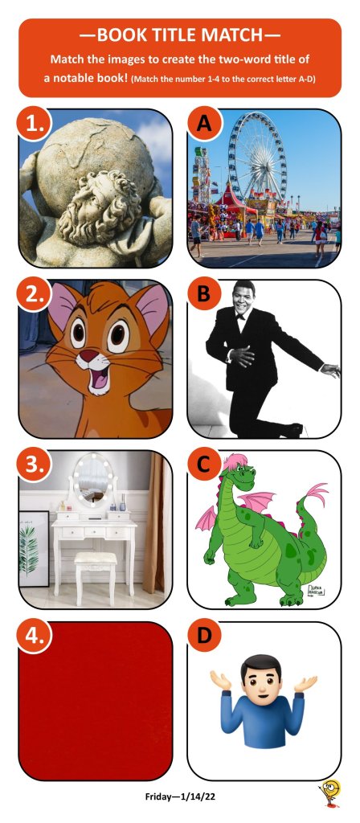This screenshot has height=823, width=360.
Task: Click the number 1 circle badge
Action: [34, 125]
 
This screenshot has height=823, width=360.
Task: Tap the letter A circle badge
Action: [203, 124]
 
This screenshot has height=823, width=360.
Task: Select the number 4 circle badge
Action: [34, 637]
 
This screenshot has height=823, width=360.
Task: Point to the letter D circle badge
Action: [203, 637]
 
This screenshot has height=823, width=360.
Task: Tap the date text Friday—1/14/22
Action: [180, 796]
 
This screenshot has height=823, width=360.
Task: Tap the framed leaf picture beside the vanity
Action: [34, 549]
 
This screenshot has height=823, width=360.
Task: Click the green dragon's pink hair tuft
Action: [235, 463]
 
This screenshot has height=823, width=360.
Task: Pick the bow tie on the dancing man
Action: [240, 316]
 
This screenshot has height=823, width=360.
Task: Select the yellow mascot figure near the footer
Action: [331, 795]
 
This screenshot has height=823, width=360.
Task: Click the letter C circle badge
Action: [203, 465]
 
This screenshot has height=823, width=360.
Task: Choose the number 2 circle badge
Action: [34, 295]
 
